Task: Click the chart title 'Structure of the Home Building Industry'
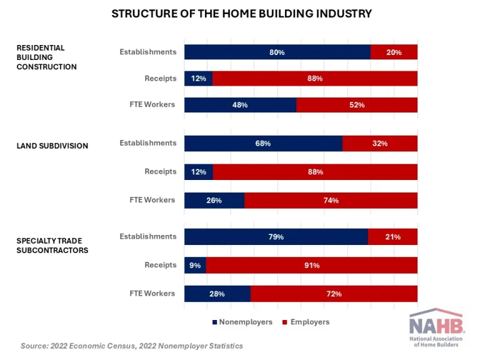[x=241, y=13]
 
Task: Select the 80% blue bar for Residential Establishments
[x=277, y=52]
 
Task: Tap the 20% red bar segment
[x=394, y=52]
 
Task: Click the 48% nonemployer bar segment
[x=240, y=105]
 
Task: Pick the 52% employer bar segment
[x=357, y=105]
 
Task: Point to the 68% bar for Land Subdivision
[x=263, y=144]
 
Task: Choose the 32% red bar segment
[x=380, y=144]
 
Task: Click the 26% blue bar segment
[x=214, y=201]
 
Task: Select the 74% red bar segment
[x=331, y=201]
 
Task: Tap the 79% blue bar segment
[x=276, y=237]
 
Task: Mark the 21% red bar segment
[x=392, y=237]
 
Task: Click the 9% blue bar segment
[x=195, y=266]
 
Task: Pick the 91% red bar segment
[x=312, y=266]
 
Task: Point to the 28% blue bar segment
[x=217, y=294]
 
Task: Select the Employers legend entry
[x=306, y=322]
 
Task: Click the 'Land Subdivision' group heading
[x=52, y=146]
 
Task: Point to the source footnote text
[x=132, y=346]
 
